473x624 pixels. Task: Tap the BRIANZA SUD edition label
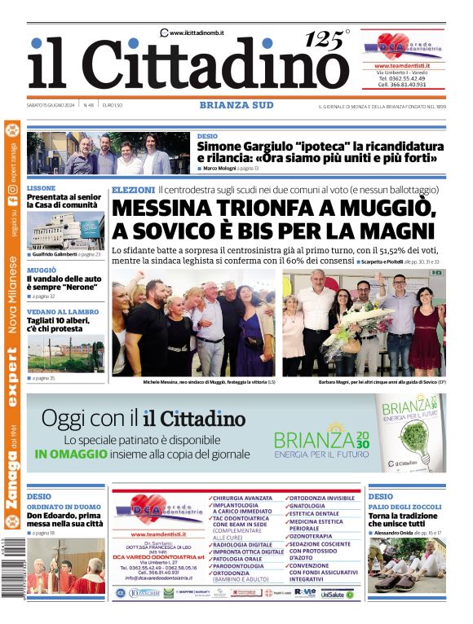(236, 104)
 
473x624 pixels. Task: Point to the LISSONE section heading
(42, 188)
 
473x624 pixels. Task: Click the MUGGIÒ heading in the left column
(42, 270)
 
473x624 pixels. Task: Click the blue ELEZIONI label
(133, 190)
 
